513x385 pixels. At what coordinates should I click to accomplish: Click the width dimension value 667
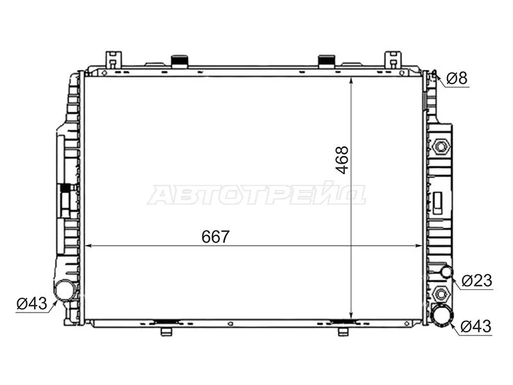point(215,236)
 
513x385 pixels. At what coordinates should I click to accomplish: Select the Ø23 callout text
point(476,280)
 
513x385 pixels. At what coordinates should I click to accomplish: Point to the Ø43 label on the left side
point(32,304)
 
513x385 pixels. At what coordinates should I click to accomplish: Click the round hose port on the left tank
point(64,290)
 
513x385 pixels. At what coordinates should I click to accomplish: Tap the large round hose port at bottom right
point(441,316)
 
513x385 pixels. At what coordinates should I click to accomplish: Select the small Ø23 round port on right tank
point(447,273)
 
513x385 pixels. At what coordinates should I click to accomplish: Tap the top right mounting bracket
point(392,58)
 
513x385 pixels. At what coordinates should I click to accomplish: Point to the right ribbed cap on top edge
point(326,61)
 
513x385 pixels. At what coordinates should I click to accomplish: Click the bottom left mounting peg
point(166,331)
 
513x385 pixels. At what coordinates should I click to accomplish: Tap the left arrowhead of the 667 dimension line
point(89,245)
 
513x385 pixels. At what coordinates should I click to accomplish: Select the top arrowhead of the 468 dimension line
point(352,80)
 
